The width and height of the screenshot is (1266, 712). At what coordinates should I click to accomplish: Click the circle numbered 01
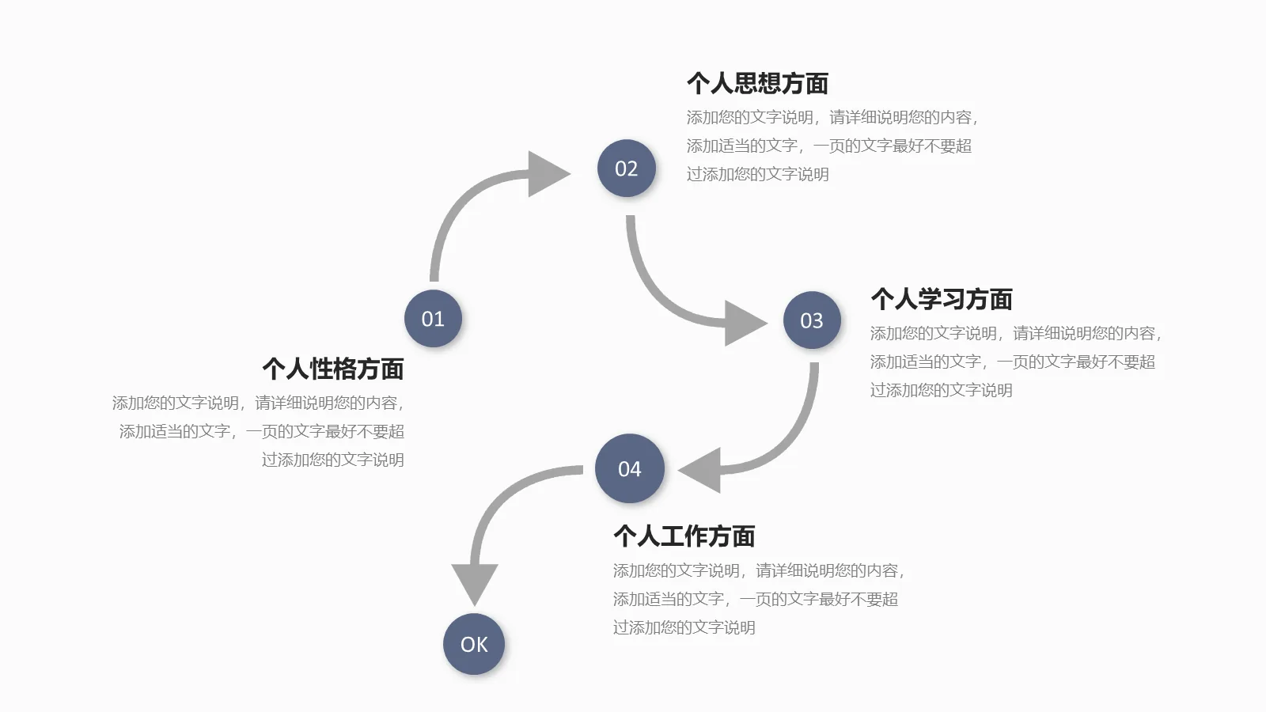pos(433,319)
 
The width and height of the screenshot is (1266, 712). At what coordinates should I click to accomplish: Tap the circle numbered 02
pos(626,169)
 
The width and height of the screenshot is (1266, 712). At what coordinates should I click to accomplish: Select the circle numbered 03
pos(812,320)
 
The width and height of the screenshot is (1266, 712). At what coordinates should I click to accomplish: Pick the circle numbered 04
pos(629,469)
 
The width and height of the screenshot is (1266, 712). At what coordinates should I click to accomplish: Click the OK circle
pos(474,645)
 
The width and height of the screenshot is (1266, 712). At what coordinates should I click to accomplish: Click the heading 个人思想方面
pos(757,83)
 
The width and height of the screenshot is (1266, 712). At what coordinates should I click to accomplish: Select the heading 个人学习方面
pos(941,299)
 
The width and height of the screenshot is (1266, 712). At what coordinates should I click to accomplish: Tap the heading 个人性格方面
pos(333,369)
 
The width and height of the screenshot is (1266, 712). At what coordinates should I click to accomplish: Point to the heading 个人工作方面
pos(684,536)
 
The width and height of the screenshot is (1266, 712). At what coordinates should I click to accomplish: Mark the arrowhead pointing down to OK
pos(474,581)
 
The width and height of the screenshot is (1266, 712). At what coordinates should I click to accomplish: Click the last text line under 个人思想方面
pos(757,174)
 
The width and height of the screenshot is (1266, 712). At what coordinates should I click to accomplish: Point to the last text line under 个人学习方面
pos(941,390)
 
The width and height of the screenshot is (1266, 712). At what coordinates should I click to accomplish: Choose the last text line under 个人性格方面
pos(333,460)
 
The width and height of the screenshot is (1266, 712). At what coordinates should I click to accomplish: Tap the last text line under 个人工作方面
pos(684,627)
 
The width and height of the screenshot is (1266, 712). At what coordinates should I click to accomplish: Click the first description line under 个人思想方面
pos(832,117)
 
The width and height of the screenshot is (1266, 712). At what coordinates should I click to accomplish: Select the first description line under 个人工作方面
pos(758,570)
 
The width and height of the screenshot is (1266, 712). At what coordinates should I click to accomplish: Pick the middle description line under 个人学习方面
pos(1012,362)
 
